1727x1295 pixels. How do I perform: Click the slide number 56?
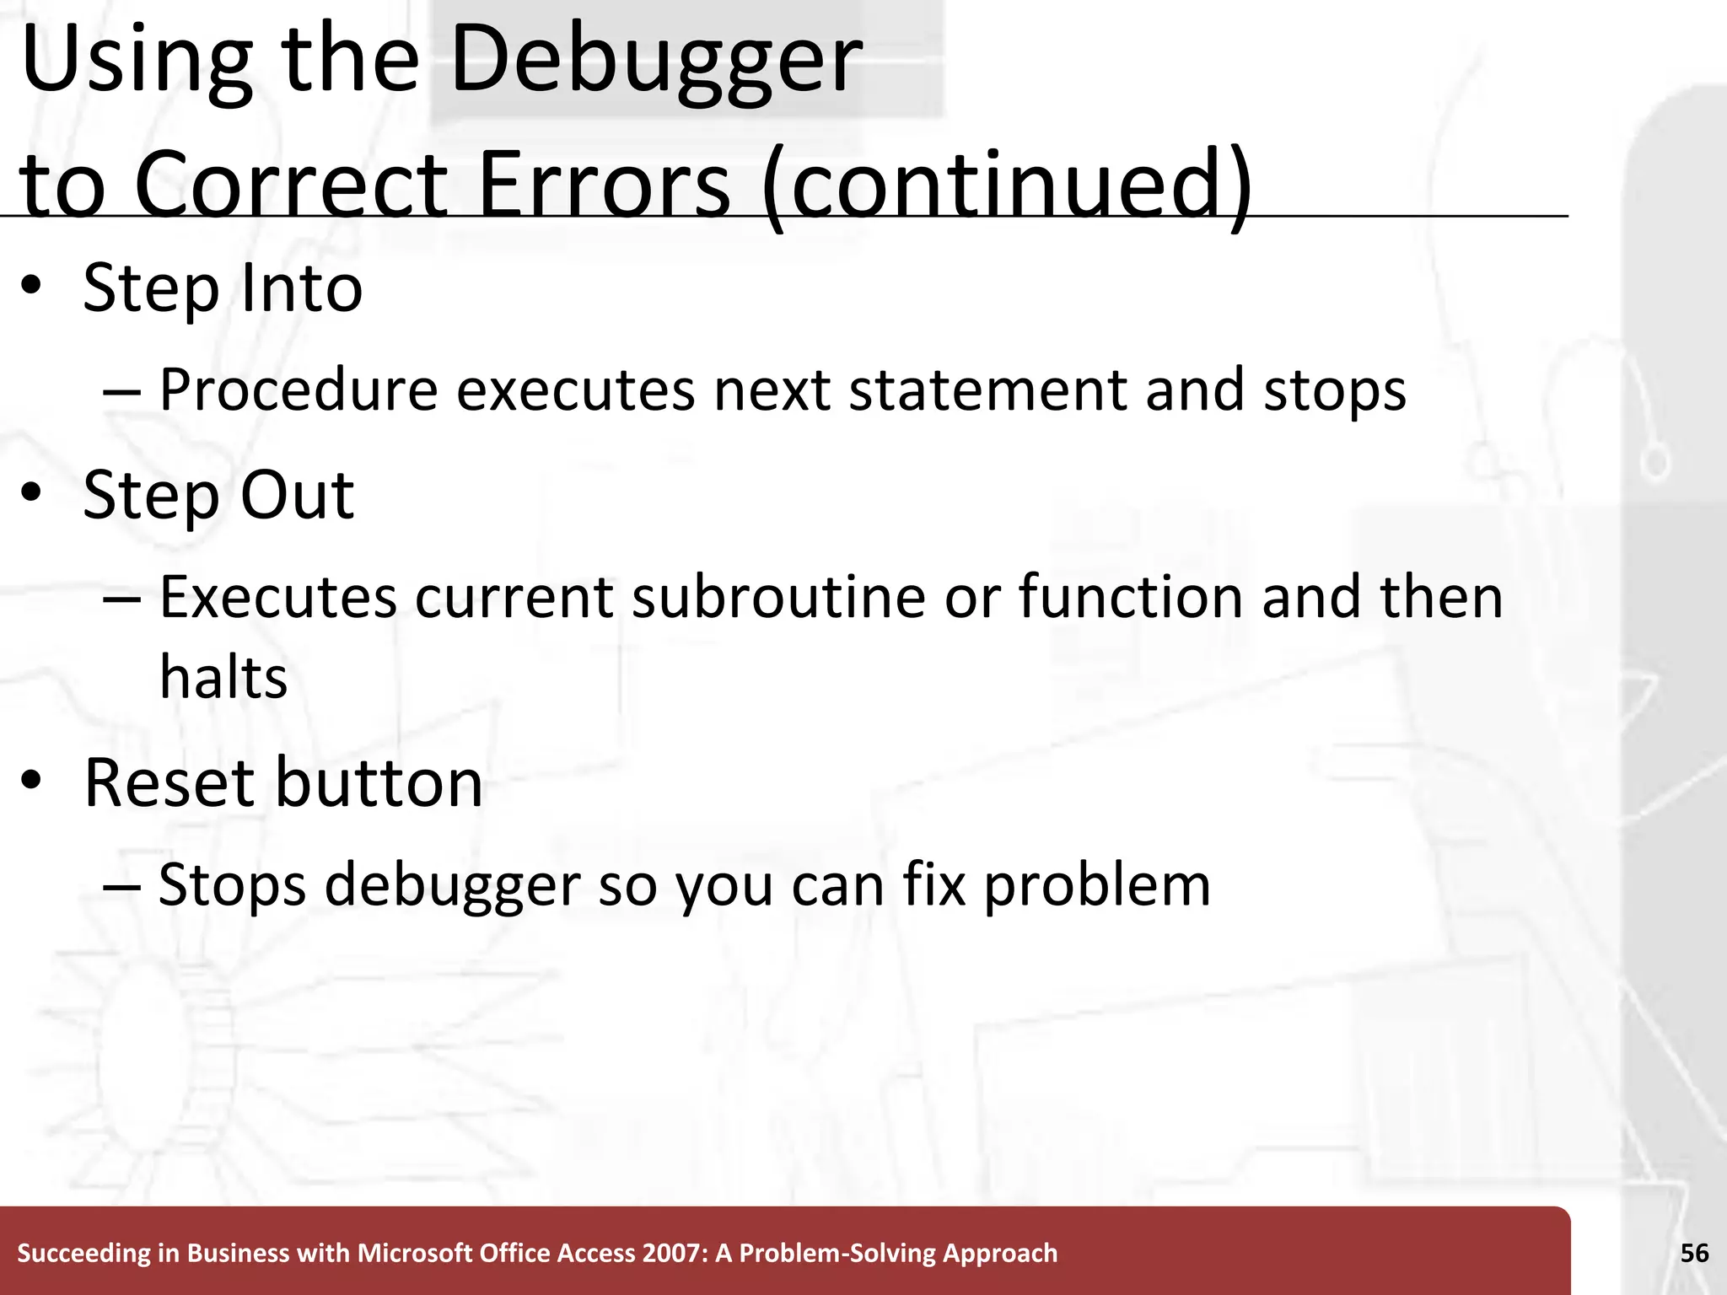[1694, 1253]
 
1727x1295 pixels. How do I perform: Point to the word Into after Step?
[301, 288]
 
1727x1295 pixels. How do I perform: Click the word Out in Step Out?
[297, 496]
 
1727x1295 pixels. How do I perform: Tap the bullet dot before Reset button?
[32, 782]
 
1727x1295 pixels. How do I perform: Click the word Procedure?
[299, 391]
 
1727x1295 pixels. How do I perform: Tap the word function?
[1131, 598]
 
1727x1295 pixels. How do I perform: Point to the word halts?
[223, 678]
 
